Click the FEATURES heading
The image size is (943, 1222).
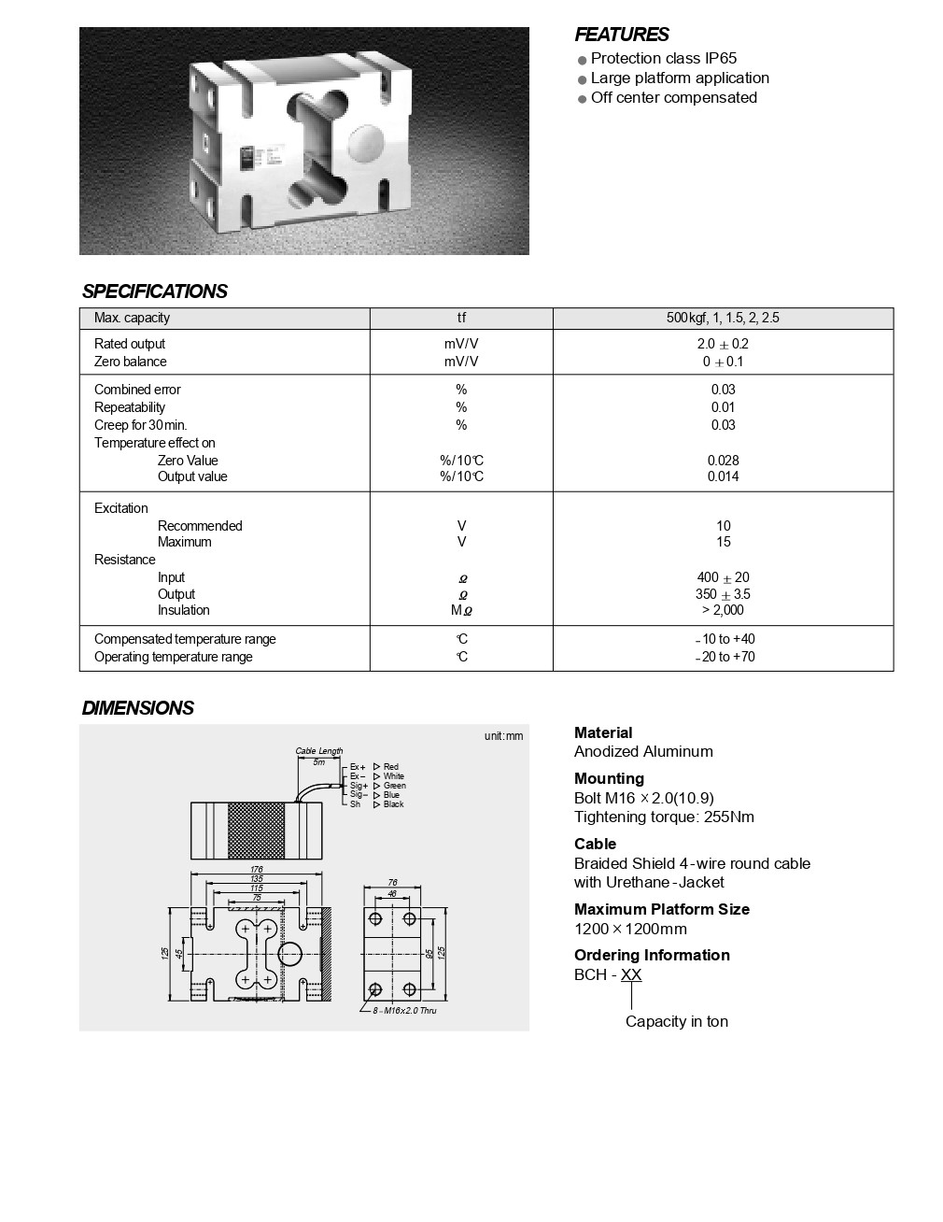(x=621, y=35)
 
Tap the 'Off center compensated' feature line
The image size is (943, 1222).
(x=673, y=97)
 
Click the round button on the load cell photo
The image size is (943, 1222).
(x=365, y=146)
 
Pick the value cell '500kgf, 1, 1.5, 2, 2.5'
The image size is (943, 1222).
(x=723, y=318)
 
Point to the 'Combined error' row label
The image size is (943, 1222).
(x=137, y=390)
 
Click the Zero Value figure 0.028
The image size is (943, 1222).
(x=723, y=461)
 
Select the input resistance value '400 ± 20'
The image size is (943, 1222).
(x=723, y=577)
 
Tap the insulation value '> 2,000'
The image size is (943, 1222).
(x=723, y=610)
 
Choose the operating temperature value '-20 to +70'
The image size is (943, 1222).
(x=725, y=657)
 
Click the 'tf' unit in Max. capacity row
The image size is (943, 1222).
(x=461, y=318)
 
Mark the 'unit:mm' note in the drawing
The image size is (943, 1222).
(x=503, y=736)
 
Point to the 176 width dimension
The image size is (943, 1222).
(x=257, y=869)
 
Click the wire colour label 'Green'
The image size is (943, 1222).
(x=394, y=786)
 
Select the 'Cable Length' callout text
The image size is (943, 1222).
(x=319, y=751)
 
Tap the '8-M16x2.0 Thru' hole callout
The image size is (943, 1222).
(x=404, y=1010)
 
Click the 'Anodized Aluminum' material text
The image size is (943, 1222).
(x=643, y=751)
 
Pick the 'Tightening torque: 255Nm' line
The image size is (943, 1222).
(x=664, y=817)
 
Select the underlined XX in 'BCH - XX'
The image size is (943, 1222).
(x=631, y=974)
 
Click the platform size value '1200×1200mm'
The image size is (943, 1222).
(x=630, y=929)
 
